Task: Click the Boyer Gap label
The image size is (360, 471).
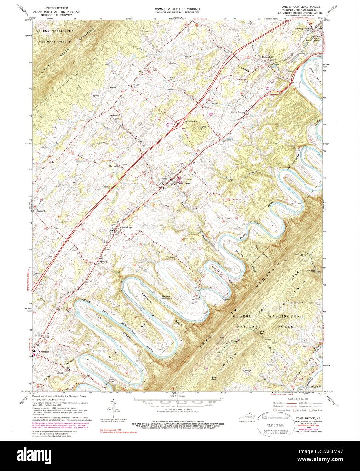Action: click(215, 378)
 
